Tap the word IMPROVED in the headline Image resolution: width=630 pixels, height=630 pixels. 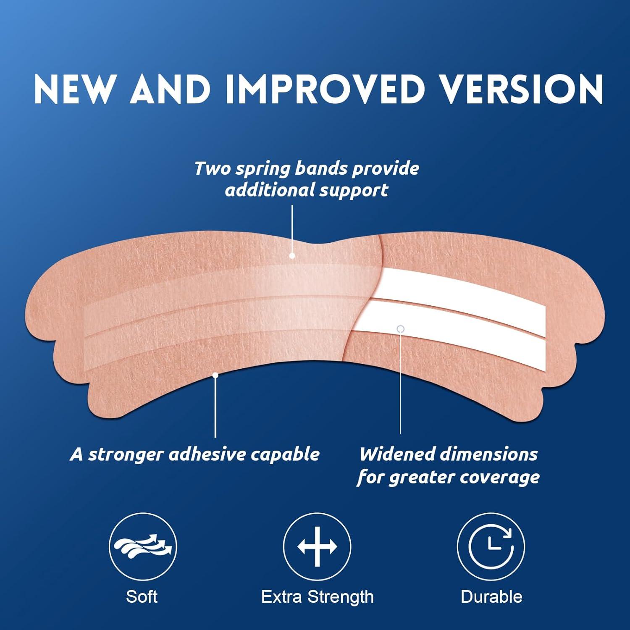point(323,89)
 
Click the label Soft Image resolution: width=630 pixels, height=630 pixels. point(142,597)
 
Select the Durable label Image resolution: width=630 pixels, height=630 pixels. point(491,597)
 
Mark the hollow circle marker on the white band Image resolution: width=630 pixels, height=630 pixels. point(401,329)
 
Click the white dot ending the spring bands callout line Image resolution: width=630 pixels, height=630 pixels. point(292,255)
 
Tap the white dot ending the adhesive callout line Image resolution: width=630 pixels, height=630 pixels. point(215,375)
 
